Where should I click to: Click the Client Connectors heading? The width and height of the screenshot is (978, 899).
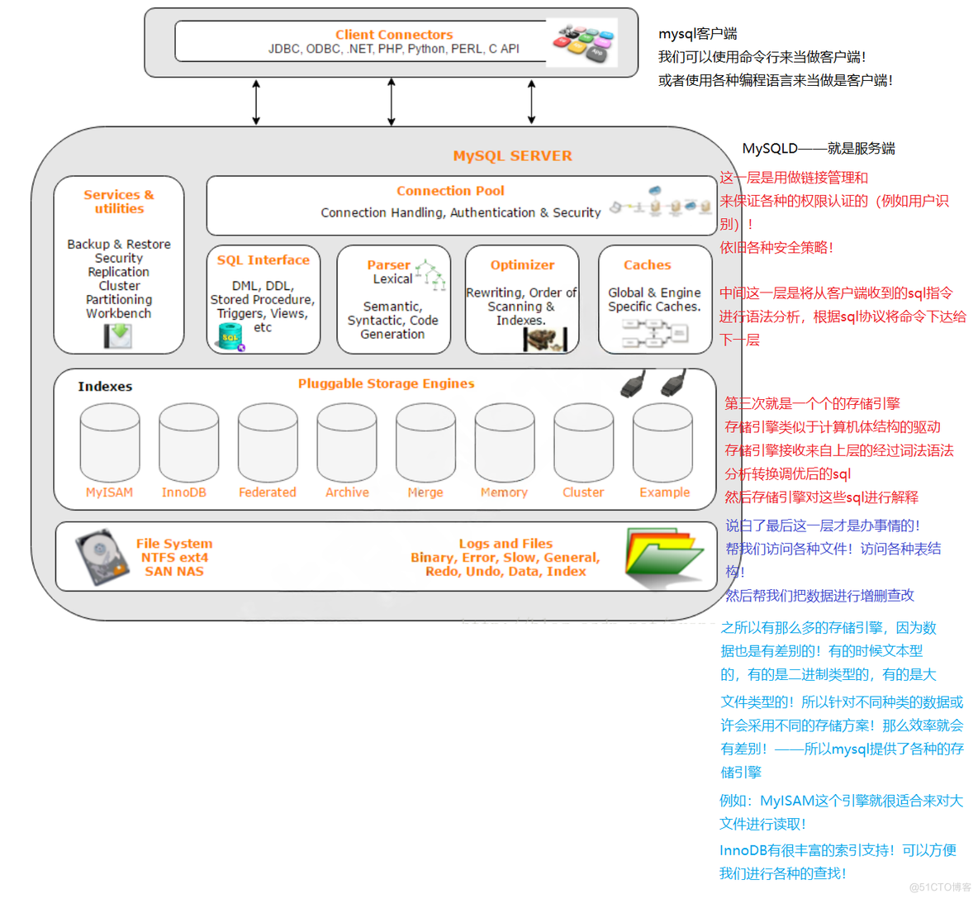pos(394,35)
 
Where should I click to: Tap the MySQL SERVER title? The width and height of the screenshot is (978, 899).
pos(512,156)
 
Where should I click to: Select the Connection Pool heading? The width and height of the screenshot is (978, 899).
pos(450,191)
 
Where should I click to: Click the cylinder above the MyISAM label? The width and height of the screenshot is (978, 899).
pos(110,443)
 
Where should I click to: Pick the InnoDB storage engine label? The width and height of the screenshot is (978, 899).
pos(183,492)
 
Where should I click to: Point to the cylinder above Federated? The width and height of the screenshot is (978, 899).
pos(268,443)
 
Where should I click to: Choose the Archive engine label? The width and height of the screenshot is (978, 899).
pos(347,492)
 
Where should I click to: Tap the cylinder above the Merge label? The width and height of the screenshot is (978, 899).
pos(425,443)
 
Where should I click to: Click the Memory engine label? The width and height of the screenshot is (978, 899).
pos(504,492)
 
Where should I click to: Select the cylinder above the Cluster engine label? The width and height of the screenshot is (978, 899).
pos(583,443)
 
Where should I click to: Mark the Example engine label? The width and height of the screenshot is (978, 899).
pos(664,492)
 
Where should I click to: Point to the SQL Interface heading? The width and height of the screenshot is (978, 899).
pos(263,260)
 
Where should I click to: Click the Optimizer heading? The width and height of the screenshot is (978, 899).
pos(522,265)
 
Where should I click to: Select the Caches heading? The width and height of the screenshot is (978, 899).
pos(647,265)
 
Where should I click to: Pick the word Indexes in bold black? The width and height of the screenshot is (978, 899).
pos(105,387)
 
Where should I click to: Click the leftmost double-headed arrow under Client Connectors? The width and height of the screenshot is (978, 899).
pos(256,102)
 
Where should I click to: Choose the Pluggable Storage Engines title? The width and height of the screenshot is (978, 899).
pos(386,383)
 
